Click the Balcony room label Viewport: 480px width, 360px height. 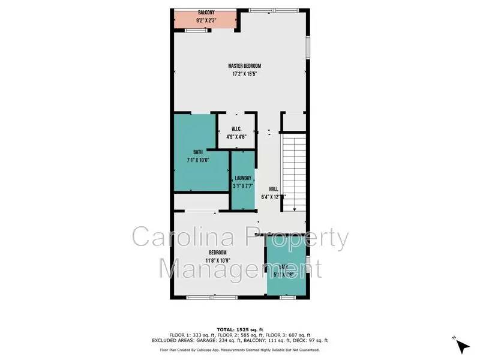[x=206, y=13]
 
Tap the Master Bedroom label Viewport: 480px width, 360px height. [x=244, y=66]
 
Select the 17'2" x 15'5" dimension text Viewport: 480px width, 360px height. [x=244, y=74]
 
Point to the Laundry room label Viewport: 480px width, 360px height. [x=243, y=178]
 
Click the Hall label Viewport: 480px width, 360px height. [x=274, y=189]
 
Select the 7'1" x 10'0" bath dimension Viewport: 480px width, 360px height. [x=197, y=160]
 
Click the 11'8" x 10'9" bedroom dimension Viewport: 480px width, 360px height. [x=217, y=260]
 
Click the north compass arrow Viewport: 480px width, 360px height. [x=461, y=346]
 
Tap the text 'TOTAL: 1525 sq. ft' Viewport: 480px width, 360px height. [x=240, y=329]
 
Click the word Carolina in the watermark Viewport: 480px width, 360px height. [x=177, y=238]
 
